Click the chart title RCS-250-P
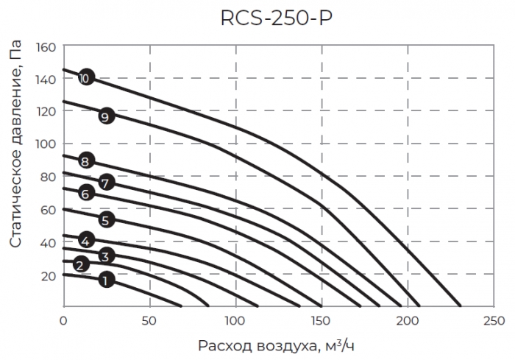point(276,18)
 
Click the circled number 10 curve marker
point(86,77)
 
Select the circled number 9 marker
point(106,116)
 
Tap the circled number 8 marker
point(86,162)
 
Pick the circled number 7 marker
point(106,182)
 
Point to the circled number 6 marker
point(86,194)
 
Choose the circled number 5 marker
point(106,219)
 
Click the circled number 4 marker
point(86,240)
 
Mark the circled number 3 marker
point(106,256)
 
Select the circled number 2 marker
point(82,265)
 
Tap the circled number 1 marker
point(106,280)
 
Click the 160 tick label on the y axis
point(46,47)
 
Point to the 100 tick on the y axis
point(46,144)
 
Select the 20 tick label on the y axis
point(49,275)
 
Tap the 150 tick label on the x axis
point(322,321)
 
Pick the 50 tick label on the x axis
point(150,321)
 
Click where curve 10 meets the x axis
point(461,306)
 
